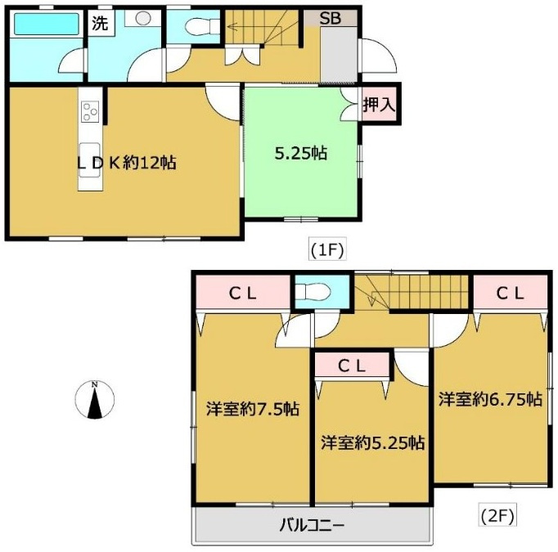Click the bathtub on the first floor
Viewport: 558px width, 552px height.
[x=47, y=25]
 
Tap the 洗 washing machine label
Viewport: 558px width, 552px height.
[x=100, y=24]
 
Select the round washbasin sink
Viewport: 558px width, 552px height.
[x=143, y=18]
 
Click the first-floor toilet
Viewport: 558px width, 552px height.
[x=202, y=26]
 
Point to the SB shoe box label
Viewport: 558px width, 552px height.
[x=330, y=19]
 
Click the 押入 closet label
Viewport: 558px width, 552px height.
[x=380, y=105]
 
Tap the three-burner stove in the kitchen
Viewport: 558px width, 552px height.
[x=90, y=112]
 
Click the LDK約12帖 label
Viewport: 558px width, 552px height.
[x=127, y=163]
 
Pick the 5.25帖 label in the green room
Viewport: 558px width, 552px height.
[x=301, y=153]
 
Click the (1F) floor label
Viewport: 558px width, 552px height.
[x=327, y=251]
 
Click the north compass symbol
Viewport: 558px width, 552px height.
[x=95, y=399]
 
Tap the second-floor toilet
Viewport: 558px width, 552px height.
[x=313, y=293]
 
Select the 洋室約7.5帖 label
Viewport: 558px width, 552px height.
[x=253, y=409]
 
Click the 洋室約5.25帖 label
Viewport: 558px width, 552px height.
[x=372, y=443]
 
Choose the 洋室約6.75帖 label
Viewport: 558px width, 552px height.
[x=490, y=399]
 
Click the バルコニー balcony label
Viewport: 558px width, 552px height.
[x=312, y=525]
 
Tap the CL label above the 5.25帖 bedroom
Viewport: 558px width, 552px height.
[x=352, y=366]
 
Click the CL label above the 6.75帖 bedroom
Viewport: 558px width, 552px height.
[x=511, y=294]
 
